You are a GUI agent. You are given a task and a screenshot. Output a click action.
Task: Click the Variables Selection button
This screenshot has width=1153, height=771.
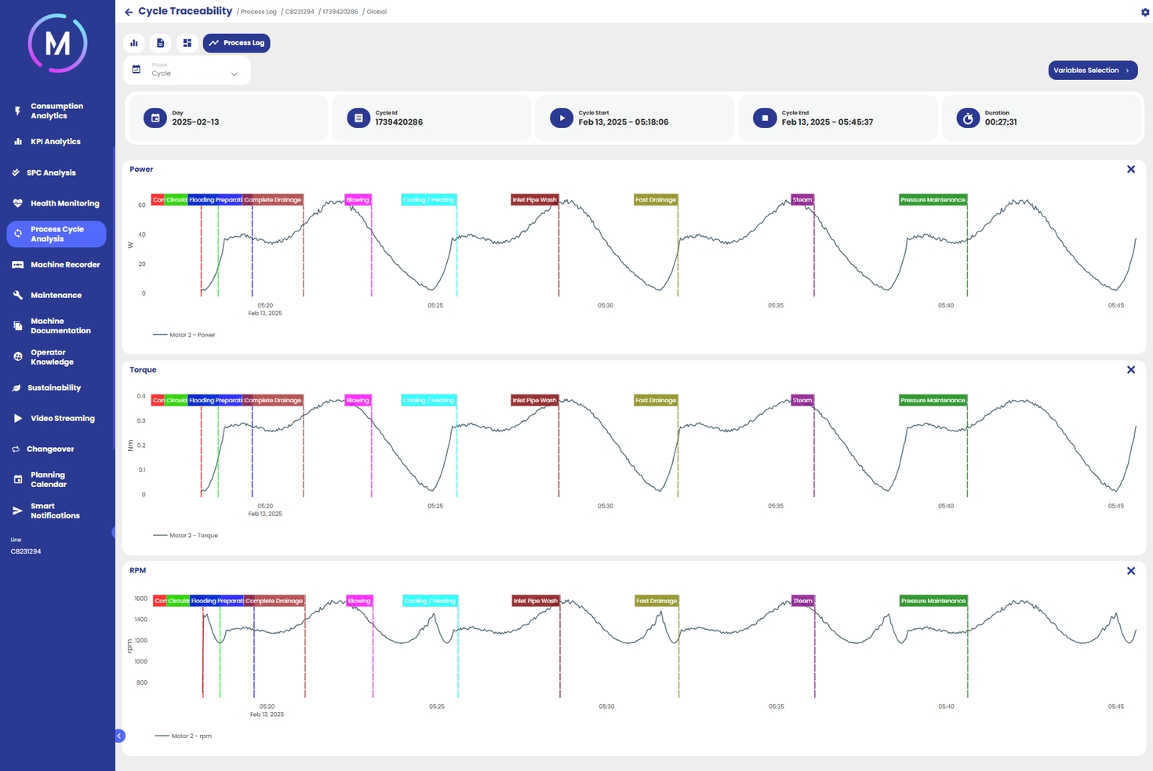1092,71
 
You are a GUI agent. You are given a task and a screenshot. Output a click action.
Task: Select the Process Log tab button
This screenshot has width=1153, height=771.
236,43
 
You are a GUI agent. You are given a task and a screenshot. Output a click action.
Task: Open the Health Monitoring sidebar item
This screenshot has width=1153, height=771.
64,203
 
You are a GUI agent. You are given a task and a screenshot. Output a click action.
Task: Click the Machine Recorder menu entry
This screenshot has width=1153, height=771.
64,265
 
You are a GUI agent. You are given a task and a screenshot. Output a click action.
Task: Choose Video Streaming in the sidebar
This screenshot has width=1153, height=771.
62,419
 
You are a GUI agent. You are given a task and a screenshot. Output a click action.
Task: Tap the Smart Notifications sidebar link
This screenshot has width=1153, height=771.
54,511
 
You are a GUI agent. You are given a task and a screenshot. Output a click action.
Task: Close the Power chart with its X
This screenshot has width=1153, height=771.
1130,169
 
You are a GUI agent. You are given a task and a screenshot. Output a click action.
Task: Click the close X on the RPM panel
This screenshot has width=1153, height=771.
1130,571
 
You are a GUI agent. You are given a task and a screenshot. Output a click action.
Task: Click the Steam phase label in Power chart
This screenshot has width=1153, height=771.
802,200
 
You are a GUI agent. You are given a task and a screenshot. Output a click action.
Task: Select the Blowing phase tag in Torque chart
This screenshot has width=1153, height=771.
358,401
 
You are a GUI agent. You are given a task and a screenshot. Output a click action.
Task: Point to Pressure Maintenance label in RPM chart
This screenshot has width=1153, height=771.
933,601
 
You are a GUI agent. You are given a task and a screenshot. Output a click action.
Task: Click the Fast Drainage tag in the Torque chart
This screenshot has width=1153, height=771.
656,401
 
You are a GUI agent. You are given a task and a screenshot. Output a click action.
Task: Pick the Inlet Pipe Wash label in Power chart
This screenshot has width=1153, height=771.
534,200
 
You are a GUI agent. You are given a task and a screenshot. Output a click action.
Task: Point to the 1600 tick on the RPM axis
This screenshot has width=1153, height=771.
141,598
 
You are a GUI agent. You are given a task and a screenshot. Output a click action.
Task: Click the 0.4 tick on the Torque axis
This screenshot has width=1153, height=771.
141,396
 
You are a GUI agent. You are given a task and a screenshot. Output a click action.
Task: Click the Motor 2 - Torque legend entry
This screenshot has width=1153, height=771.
193,536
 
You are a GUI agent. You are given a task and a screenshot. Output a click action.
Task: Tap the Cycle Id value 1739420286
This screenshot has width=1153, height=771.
398,122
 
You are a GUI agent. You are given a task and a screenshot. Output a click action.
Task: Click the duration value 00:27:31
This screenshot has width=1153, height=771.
1001,122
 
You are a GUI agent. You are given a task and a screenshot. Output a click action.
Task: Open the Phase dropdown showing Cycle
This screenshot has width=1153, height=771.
187,71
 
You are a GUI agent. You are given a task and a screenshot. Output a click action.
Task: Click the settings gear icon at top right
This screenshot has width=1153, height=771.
1144,12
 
